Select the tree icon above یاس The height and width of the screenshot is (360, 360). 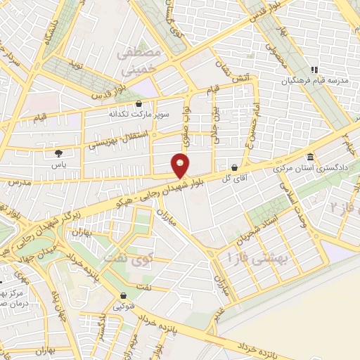coord(58,152)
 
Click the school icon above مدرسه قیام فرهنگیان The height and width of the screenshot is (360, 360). coord(315,70)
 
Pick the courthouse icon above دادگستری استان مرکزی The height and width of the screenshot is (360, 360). coord(309,157)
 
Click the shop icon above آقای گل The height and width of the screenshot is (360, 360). coord(234,168)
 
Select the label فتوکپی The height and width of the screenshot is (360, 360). coord(124,307)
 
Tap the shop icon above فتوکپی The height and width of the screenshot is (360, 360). coord(124,297)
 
